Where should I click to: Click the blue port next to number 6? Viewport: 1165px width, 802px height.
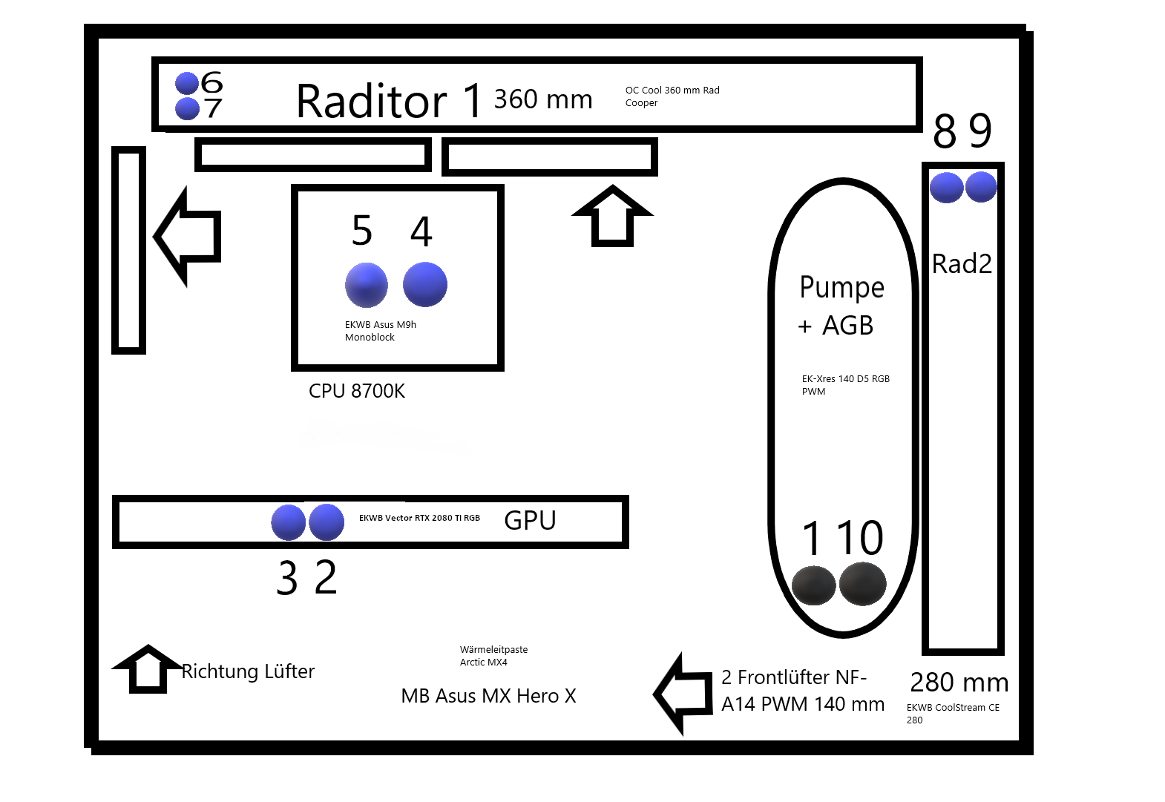[x=187, y=83]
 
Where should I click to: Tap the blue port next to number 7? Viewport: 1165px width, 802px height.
[x=187, y=109]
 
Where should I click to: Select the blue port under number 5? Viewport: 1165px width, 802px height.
[x=367, y=285]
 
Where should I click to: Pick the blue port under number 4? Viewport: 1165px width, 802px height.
[x=425, y=284]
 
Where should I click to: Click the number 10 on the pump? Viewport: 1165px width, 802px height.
[x=860, y=538]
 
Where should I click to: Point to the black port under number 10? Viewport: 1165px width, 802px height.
[x=863, y=584]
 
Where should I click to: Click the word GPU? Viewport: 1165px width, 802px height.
[x=530, y=520]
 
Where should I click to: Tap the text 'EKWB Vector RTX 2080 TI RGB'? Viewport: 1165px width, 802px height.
[x=419, y=518]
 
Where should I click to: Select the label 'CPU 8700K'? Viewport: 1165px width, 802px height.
[x=357, y=391]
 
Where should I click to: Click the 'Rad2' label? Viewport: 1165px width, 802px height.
[x=962, y=263]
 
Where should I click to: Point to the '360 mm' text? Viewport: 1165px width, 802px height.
[x=543, y=99]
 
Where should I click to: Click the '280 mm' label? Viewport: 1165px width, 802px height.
[x=959, y=683]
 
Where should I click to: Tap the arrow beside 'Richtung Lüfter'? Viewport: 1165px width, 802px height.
[x=148, y=669]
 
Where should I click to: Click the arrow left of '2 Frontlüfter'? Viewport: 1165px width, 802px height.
[x=683, y=694]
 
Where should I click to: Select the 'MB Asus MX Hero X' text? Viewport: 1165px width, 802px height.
[x=488, y=696]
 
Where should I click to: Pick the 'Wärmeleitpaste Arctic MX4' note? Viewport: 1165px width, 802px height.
[x=493, y=656]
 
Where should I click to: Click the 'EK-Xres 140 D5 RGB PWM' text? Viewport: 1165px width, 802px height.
[x=846, y=385]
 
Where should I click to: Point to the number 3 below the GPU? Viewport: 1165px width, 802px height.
[x=287, y=577]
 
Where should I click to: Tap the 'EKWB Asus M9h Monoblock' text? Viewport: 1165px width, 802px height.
[x=380, y=331]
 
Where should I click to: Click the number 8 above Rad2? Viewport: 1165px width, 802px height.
[x=945, y=131]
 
